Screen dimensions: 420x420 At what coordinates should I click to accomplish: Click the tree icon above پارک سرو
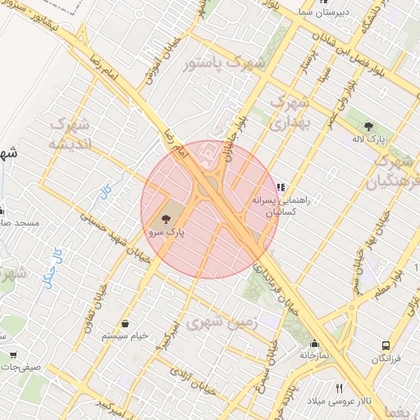click(x=167, y=219)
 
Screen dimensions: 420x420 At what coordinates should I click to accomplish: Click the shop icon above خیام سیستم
click(x=124, y=323)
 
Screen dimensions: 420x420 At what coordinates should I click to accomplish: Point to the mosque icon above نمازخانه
click(x=313, y=344)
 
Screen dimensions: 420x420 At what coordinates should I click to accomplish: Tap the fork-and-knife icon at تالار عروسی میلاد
click(x=339, y=388)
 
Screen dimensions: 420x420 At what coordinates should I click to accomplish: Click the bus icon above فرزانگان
click(x=386, y=346)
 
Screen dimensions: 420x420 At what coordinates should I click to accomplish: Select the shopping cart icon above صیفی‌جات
click(x=14, y=355)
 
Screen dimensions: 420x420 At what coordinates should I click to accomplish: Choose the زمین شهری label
click(x=221, y=322)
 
